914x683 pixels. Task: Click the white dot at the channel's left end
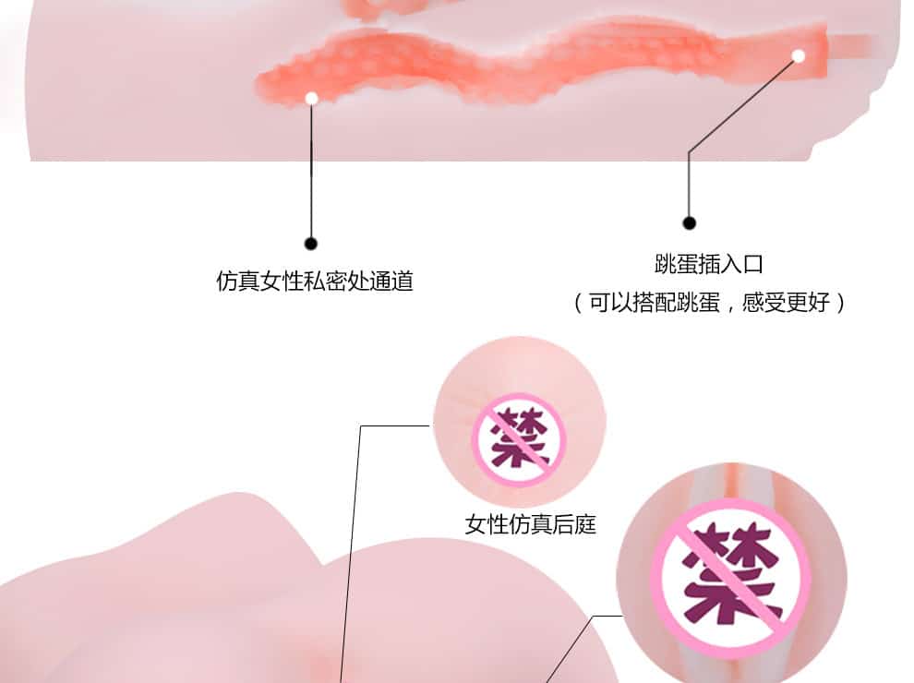311,99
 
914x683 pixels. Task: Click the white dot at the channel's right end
799,56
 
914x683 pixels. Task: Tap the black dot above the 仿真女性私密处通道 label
311,244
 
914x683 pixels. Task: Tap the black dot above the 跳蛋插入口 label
689,222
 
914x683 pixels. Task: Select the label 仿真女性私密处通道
315,282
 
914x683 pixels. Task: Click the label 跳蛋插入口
709,264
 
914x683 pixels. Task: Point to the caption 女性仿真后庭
531,524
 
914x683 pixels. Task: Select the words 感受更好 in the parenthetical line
786,303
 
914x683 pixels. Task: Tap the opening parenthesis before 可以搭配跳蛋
578,303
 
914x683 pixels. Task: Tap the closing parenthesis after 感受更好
840,303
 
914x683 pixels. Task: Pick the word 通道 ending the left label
391,282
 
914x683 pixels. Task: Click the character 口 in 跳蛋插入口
752,265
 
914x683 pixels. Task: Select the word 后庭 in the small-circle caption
574,524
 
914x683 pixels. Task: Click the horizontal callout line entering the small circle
395,426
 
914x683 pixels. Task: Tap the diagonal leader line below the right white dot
743,105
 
